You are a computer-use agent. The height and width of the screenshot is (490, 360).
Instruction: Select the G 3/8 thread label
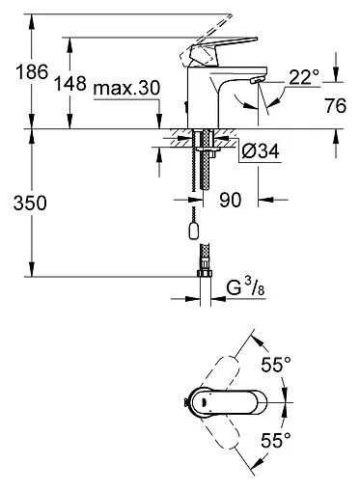tap(244, 288)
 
